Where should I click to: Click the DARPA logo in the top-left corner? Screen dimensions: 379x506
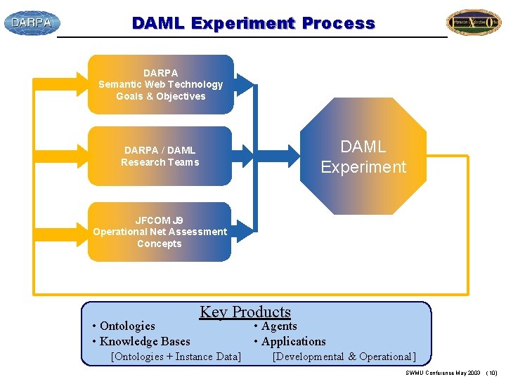coord(32,22)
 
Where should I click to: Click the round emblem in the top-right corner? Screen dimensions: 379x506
coord(474,22)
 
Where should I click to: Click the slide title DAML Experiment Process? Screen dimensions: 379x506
coord(253,23)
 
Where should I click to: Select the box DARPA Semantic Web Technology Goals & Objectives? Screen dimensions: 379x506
coord(160,84)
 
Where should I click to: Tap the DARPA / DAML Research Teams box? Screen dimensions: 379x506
coord(160,156)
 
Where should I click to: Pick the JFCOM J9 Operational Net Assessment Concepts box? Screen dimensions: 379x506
coord(160,232)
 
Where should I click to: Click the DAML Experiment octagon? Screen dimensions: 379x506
coord(363,157)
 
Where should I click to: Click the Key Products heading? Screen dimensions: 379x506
coord(245,312)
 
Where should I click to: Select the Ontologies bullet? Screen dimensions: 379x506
coord(124,326)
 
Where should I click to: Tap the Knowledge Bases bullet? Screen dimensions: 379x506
coord(141,341)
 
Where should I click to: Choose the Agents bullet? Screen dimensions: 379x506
coord(275,326)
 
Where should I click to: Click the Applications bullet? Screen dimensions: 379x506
coord(290,341)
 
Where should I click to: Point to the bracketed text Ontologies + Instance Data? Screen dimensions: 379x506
coord(176,357)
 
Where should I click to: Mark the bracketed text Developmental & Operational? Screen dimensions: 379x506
coord(344,357)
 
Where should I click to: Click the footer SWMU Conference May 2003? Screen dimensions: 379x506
coord(443,373)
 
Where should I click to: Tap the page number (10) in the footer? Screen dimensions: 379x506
coord(491,373)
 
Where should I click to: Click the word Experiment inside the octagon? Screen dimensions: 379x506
coord(363,167)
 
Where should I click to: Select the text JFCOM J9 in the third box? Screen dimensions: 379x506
coord(160,220)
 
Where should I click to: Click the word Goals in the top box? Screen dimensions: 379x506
coord(131,96)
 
